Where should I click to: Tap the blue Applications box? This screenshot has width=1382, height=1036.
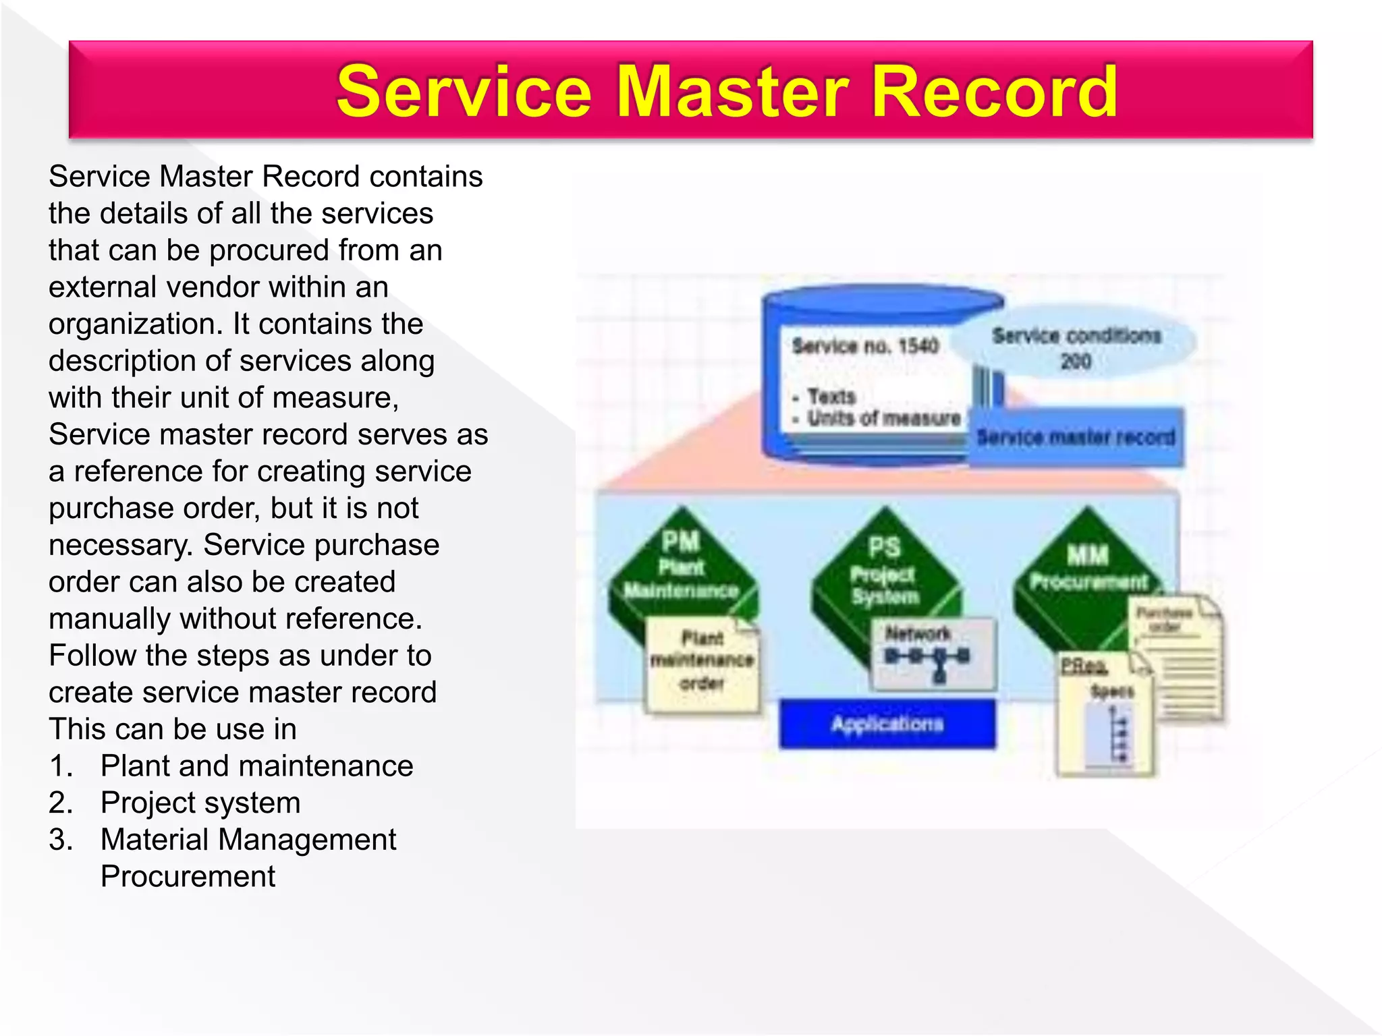(887, 724)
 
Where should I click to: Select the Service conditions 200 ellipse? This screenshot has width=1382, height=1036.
(1076, 347)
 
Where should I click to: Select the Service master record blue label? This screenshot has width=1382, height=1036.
(1076, 437)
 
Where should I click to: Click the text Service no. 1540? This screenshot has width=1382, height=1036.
(865, 346)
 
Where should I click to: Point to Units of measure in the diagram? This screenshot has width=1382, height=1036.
(884, 418)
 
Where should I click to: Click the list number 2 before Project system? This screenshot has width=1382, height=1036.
(60, 803)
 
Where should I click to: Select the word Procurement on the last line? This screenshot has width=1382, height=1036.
(188, 876)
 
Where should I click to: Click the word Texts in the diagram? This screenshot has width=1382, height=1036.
(831, 396)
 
